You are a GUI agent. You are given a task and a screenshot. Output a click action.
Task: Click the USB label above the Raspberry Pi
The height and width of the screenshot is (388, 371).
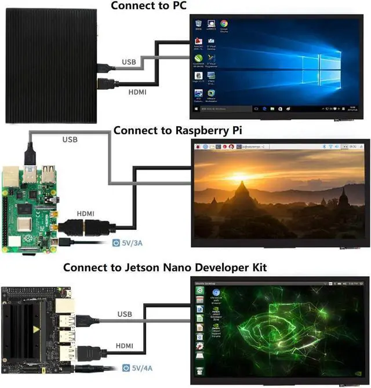click(x=70, y=140)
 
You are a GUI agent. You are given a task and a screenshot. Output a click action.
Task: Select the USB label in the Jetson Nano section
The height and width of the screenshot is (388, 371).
click(x=125, y=314)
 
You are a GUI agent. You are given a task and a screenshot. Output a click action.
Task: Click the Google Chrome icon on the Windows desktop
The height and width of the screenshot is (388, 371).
click(x=224, y=24)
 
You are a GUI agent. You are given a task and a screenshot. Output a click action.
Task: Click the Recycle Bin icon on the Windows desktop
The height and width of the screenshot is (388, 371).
click(x=199, y=24)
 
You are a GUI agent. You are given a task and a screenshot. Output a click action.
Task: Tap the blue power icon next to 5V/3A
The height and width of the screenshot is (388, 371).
click(x=115, y=243)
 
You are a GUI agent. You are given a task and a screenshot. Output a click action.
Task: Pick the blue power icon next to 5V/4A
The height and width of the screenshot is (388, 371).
click(x=126, y=367)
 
